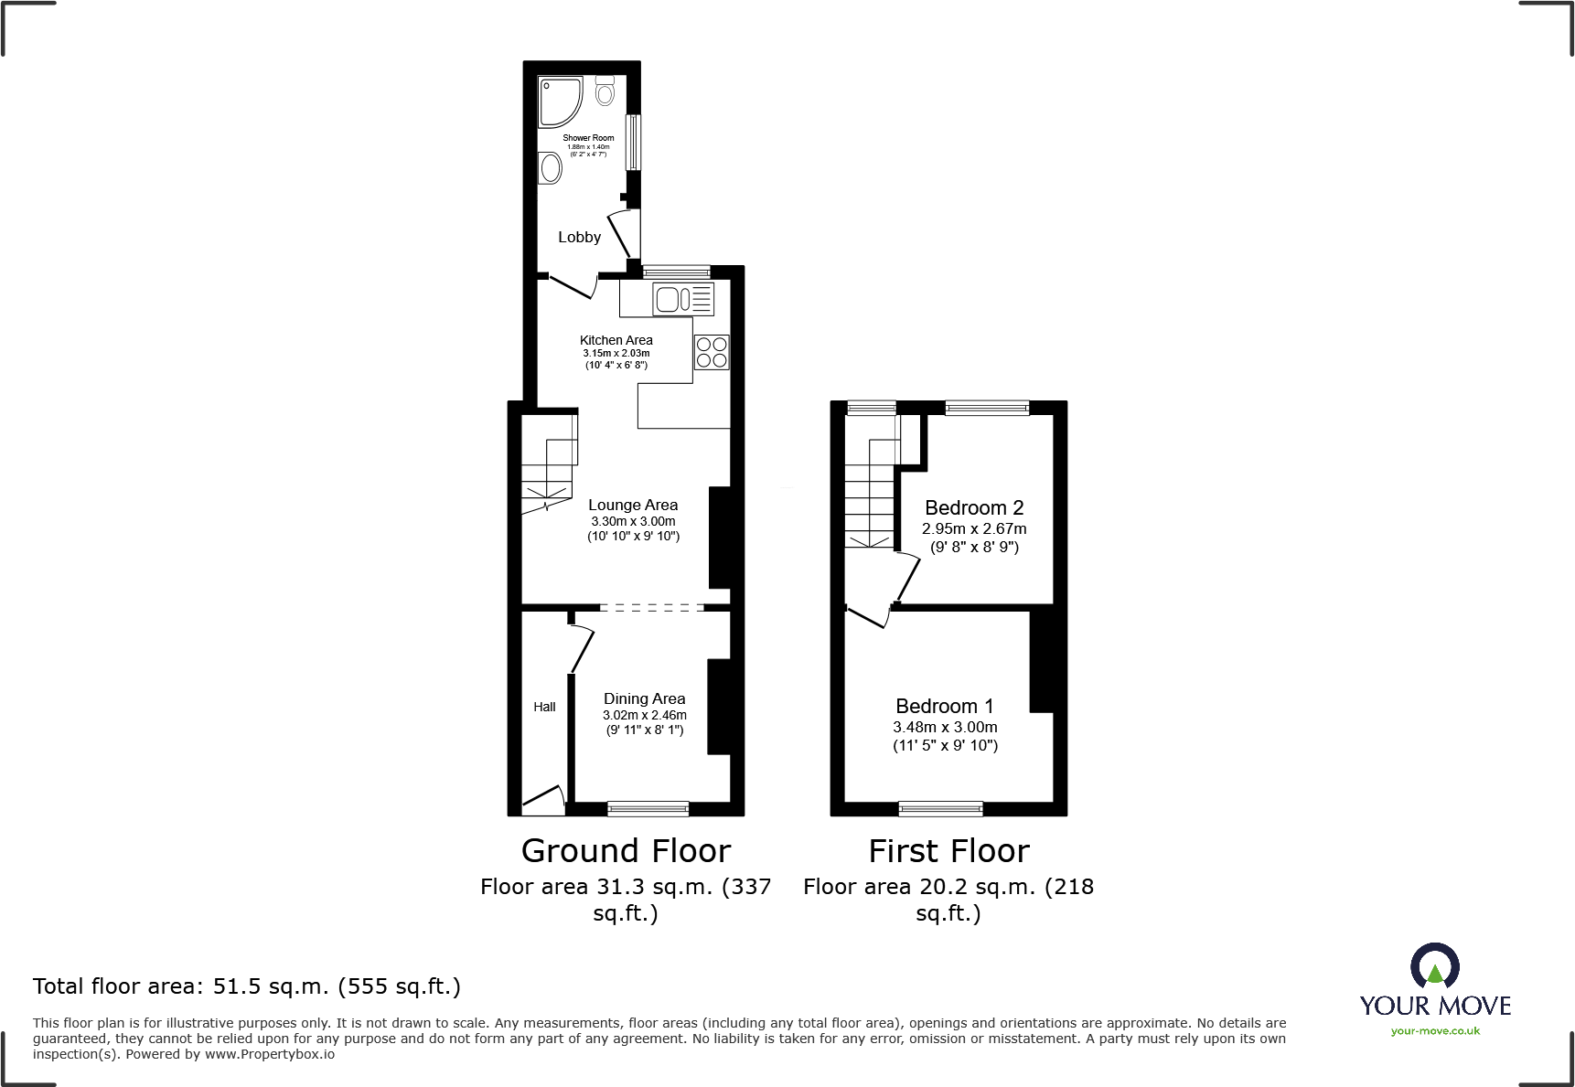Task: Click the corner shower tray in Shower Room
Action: coord(559,101)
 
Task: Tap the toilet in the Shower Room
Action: coord(605,91)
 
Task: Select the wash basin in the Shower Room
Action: coord(551,168)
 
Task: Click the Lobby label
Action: coord(579,237)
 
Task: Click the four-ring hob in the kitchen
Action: coord(712,352)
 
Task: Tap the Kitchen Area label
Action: coord(616,340)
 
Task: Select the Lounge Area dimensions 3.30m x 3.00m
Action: coord(633,521)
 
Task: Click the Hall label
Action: coord(544,707)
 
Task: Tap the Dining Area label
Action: coord(644,698)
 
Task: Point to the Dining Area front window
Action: coord(648,808)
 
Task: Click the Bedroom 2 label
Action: coord(974,507)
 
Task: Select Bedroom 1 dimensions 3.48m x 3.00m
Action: coord(945,727)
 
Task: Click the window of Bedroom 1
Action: coord(940,808)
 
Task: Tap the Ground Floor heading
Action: coord(626,851)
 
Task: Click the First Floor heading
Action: coord(948,851)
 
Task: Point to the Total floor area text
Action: coord(247,986)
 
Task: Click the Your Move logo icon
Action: coord(1434,966)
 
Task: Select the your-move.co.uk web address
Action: coord(1435,1031)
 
